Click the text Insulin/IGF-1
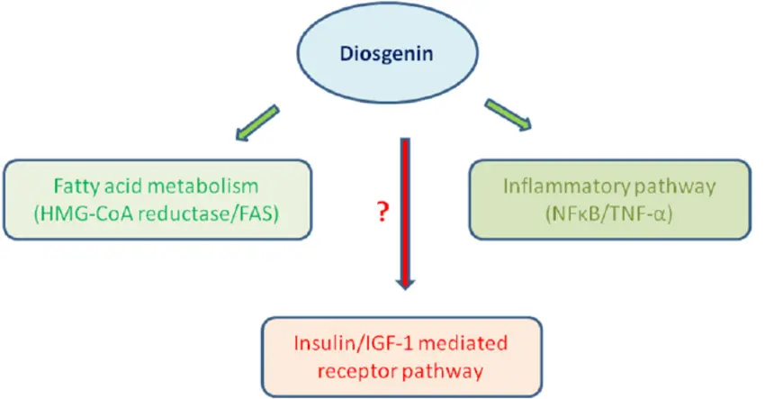(x=352, y=341)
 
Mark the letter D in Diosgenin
(x=350, y=55)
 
